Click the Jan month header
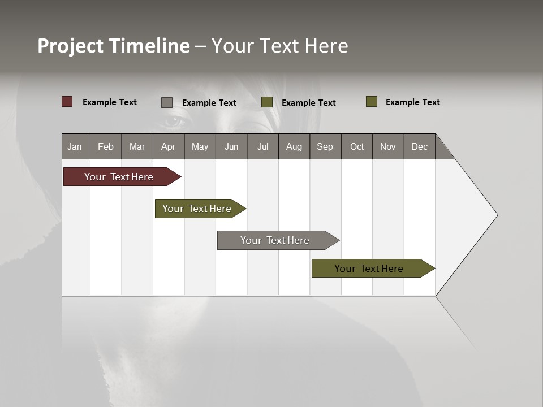click(75, 146)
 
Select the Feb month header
click(106, 146)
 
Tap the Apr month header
click(169, 146)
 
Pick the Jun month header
click(231, 146)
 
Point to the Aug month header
click(294, 146)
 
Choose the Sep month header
click(325, 146)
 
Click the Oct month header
click(357, 146)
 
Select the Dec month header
click(420, 146)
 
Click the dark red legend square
click(67, 102)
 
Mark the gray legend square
click(167, 102)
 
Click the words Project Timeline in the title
click(113, 46)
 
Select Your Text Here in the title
click(280, 46)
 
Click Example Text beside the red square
click(110, 102)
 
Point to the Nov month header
click(388, 146)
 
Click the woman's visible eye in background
click(174, 120)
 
